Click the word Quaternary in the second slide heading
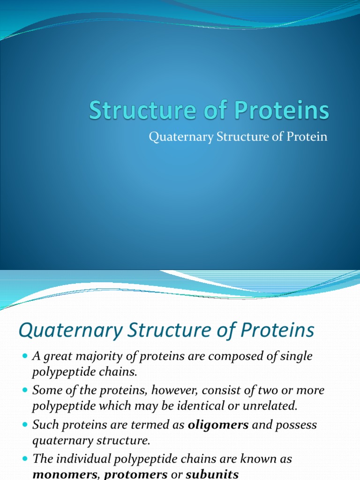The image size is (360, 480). pos(69,331)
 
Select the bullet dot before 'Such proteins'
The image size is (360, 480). pos(25,426)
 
